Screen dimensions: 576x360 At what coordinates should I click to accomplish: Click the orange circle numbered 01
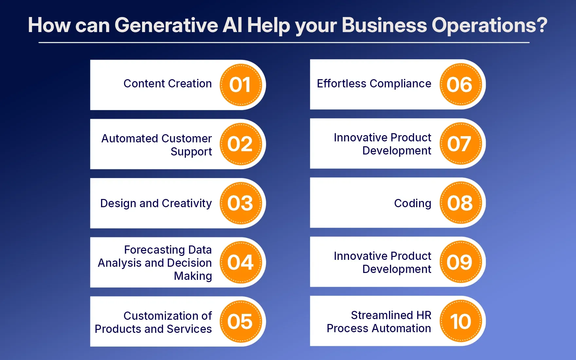coord(241,85)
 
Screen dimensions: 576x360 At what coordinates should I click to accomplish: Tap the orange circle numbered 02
coord(241,144)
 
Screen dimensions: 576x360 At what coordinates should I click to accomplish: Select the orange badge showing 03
coord(241,203)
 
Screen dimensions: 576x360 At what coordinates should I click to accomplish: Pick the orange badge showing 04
coord(241,262)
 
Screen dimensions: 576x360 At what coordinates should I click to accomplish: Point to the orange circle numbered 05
coord(241,321)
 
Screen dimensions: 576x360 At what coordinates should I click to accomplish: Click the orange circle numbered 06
coord(460,84)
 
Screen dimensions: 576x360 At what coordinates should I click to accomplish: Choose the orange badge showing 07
coord(460,144)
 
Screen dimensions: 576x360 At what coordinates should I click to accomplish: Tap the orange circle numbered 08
coord(460,203)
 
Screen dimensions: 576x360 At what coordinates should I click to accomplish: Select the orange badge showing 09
coord(460,262)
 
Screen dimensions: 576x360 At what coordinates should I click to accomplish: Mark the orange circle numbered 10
coord(460,321)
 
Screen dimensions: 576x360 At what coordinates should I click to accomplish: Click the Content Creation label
coord(168,83)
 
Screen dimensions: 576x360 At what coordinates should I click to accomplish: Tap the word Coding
coord(413,204)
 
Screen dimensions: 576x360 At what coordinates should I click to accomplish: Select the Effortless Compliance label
coord(374,84)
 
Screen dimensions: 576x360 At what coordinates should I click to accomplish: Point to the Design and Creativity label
coord(156,204)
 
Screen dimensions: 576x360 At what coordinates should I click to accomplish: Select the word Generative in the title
coord(166,25)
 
